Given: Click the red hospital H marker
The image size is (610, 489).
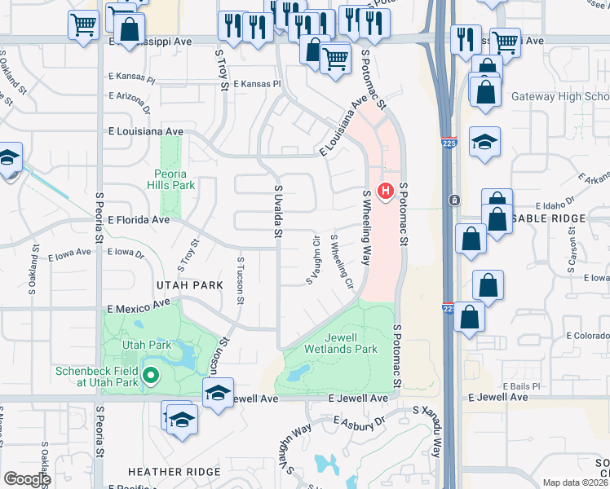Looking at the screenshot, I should click(387, 192).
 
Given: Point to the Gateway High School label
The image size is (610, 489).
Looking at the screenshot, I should click(559, 96).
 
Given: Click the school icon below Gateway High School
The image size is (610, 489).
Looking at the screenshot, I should click(484, 143).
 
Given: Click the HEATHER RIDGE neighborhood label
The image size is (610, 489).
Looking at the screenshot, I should click(174, 472).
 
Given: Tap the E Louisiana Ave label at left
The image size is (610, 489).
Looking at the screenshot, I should click(145, 130).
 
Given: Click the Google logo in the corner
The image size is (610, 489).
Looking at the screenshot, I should click(27, 479).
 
